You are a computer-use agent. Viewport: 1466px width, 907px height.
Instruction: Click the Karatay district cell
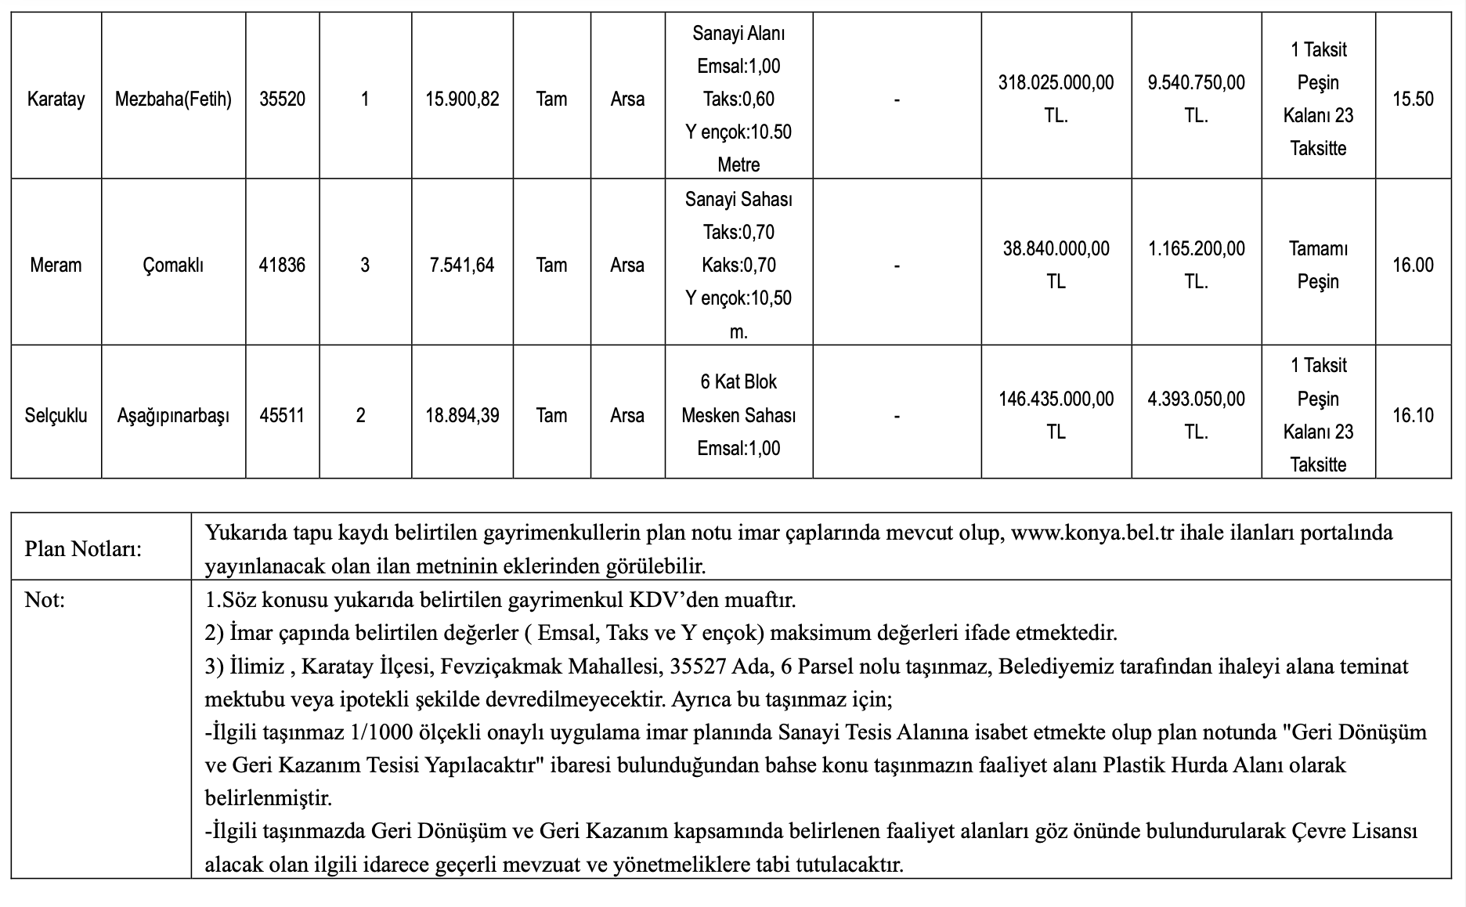(56, 99)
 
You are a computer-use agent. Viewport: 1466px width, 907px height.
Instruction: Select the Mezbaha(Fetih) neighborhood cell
(173, 99)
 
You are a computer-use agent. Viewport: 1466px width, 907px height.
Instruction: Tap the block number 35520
(282, 99)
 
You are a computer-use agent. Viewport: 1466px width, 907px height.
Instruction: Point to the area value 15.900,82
(462, 99)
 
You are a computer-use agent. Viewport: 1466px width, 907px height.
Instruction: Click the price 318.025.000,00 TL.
(1056, 99)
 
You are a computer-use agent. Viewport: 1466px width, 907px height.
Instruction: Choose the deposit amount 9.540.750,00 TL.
(1196, 99)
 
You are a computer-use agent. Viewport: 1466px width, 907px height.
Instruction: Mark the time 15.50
(1413, 99)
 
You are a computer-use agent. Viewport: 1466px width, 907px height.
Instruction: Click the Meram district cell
(56, 265)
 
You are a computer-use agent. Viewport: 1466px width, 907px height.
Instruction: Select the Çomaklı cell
(173, 265)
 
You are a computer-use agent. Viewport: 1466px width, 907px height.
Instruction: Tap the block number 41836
(282, 265)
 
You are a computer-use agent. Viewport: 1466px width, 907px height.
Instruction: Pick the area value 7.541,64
(462, 265)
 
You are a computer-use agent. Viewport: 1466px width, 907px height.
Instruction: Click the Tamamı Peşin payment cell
(1318, 265)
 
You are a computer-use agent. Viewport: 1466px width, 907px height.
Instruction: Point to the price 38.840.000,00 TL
(1056, 265)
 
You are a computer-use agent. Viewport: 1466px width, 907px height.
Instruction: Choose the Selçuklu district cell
(56, 415)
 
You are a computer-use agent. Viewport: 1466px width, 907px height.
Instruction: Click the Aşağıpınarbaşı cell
(173, 415)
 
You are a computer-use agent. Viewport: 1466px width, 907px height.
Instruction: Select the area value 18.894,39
(462, 415)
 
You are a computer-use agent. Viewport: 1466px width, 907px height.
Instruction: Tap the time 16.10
(1413, 415)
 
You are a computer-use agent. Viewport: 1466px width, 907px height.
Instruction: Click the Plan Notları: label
(83, 548)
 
